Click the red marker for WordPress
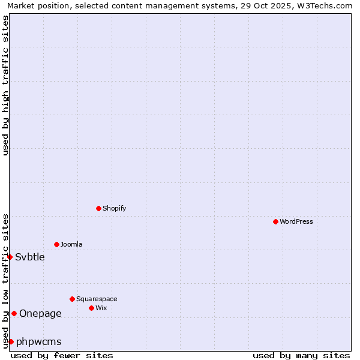[275, 221]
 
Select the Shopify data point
[98, 208]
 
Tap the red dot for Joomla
[56, 244]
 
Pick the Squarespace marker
[72, 299]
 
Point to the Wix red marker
[91, 308]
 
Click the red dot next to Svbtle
[10, 257]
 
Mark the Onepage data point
[14, 313]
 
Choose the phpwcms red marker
[11, 341]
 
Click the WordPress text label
[296, 221]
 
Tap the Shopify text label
[114, 208]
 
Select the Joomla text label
[71, 244]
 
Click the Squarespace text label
[97, 299]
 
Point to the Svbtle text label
[30, 257]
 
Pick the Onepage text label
[40, 313]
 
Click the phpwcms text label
[39, 341]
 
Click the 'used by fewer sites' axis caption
[62, 355]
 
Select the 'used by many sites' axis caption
[301, 355]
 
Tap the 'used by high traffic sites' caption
[5, 85]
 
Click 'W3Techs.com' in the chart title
[328, 5]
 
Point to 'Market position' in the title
[35, 5]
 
